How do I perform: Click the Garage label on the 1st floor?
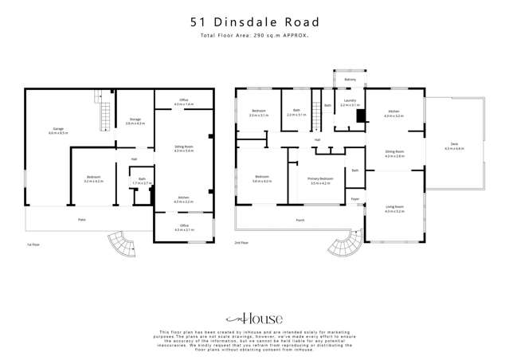(57, 128)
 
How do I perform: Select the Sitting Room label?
(184, 147)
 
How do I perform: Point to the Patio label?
(81, 219)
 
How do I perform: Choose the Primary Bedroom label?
(319, 179)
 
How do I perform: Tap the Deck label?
(454, 144)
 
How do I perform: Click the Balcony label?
(350, 80)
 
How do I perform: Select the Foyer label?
(354, 198)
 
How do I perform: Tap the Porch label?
(300, 219)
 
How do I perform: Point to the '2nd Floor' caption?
(242, 242)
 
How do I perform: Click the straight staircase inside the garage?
(103, 112)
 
